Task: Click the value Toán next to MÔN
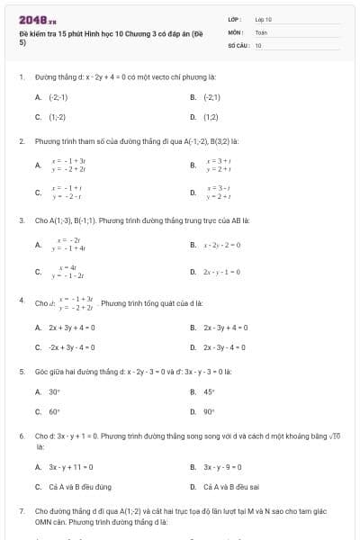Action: point(261,31)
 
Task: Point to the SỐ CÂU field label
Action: point(238,44)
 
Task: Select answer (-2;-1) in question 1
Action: point(58,96)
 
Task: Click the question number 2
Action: point(21,141)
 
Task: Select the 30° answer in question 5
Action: point(54,391)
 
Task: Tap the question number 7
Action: point(21,510)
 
